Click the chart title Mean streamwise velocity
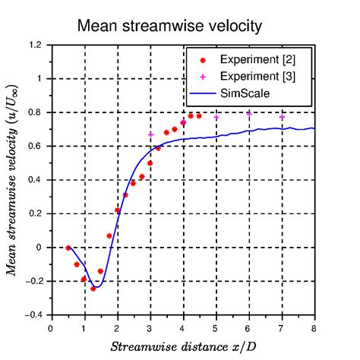pos(169,27)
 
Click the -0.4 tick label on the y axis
pos(34,315)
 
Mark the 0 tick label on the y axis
pos(39,248)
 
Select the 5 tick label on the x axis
pos(216,328)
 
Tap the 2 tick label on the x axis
pos(117,328)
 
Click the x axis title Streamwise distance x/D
pos(182,347)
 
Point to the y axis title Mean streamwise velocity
pos(12,180)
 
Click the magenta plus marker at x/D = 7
pos(282,117)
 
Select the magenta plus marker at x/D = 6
pos(249,114)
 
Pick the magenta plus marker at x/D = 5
pos(216,117)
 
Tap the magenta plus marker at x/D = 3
pos(150,134)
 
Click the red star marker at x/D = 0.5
pos(68,248)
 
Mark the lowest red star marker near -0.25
pos(93,289)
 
